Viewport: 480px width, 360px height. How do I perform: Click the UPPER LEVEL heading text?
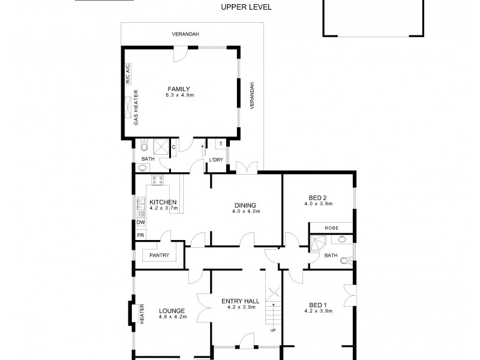(246, 7)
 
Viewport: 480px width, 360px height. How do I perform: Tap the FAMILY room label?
(178, 89)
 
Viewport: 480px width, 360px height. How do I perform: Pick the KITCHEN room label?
(163, 202)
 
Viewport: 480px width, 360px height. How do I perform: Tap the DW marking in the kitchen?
(140, 223)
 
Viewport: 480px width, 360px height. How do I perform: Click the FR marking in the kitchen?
(140, 235)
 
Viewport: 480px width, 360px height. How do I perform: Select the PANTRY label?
(159, 256)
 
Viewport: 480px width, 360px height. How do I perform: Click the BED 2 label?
(317, 197)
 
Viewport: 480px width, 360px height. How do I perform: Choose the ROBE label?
(331, 228)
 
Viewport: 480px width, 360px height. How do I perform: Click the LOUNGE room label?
(172, 310)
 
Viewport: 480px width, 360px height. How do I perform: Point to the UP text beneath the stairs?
(273, 331)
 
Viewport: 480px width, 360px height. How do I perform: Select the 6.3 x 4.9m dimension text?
(178, 95)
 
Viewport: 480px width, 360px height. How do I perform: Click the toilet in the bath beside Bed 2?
(344, 260)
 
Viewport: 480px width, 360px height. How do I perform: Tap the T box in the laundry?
(220, 144)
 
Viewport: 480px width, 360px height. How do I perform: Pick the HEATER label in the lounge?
(142, 313)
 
